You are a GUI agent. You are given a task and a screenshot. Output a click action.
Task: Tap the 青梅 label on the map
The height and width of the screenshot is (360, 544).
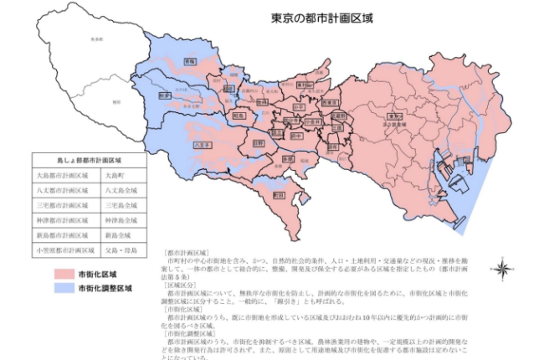pos(189,61)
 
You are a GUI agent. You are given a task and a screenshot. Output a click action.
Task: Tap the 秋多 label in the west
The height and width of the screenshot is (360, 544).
pos(164,95)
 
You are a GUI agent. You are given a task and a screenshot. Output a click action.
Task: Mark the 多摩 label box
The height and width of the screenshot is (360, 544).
pos(287,157)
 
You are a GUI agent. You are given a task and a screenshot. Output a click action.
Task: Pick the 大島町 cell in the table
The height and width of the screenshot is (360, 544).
pos(115,176)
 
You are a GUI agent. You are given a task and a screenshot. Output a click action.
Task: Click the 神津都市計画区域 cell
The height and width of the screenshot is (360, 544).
pos(61,220)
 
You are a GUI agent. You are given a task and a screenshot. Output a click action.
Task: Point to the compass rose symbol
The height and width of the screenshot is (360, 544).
pos(501,269)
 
